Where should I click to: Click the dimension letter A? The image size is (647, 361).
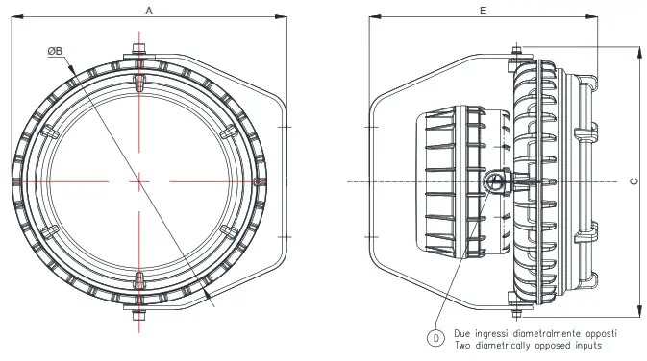(x=147, y=10)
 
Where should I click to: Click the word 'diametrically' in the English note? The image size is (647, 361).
(x=502, y=344)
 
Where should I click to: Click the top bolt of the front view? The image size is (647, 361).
(x=140, y=49)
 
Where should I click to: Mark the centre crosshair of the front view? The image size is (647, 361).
(x=140, y=180)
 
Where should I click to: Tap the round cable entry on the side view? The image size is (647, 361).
(x=495, y=181)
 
